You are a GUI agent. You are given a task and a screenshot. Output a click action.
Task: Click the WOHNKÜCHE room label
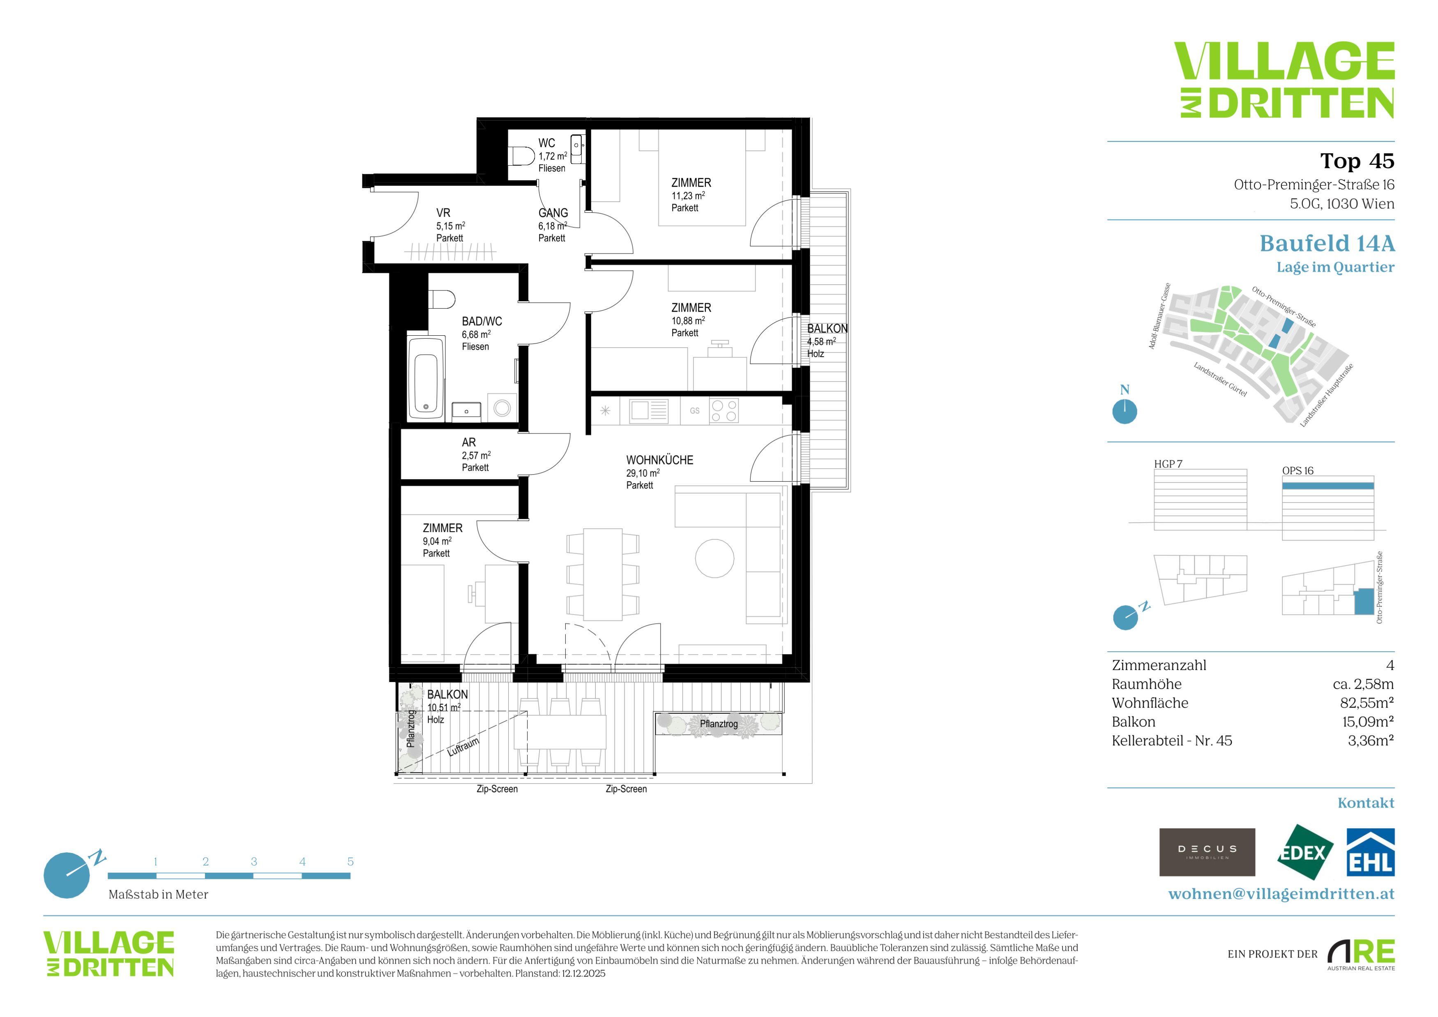point(659,460)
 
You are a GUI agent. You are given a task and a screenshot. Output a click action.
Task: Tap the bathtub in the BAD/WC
point(426,378)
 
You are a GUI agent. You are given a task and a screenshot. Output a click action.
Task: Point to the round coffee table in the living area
point(714,558)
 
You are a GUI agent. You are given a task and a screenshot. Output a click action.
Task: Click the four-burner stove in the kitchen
point(724,411)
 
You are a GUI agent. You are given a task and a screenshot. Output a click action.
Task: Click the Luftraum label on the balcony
point(463,747)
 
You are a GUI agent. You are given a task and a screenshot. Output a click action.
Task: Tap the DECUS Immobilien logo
point(1207,852)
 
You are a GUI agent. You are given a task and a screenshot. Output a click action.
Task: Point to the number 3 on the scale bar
point(253,862)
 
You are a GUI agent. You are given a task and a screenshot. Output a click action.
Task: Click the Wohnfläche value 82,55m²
point(1367,703)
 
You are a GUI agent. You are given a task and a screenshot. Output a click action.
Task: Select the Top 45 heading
point(1357,161)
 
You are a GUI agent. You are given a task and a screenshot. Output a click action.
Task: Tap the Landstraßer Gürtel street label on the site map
point(1220,380)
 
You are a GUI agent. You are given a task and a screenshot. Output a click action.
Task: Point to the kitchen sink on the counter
point(649,411)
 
